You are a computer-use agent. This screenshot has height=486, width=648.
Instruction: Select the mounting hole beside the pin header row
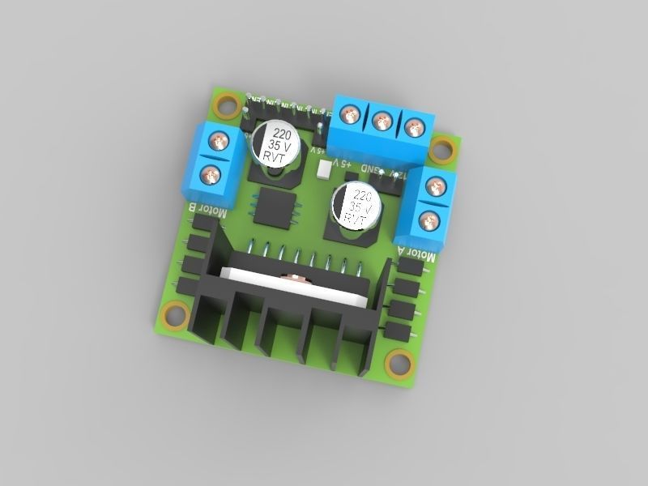(226, 104)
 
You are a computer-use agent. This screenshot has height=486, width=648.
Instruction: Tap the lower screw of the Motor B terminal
(210, 173)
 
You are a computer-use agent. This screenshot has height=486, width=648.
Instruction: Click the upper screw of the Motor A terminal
(436, 187)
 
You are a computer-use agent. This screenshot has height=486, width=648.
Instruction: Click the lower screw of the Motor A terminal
(428, 219)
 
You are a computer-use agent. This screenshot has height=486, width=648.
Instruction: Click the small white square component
(326, 168)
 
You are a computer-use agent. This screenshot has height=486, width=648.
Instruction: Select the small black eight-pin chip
(275, 207)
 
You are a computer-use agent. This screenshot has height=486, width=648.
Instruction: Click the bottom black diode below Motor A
(396, 330)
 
